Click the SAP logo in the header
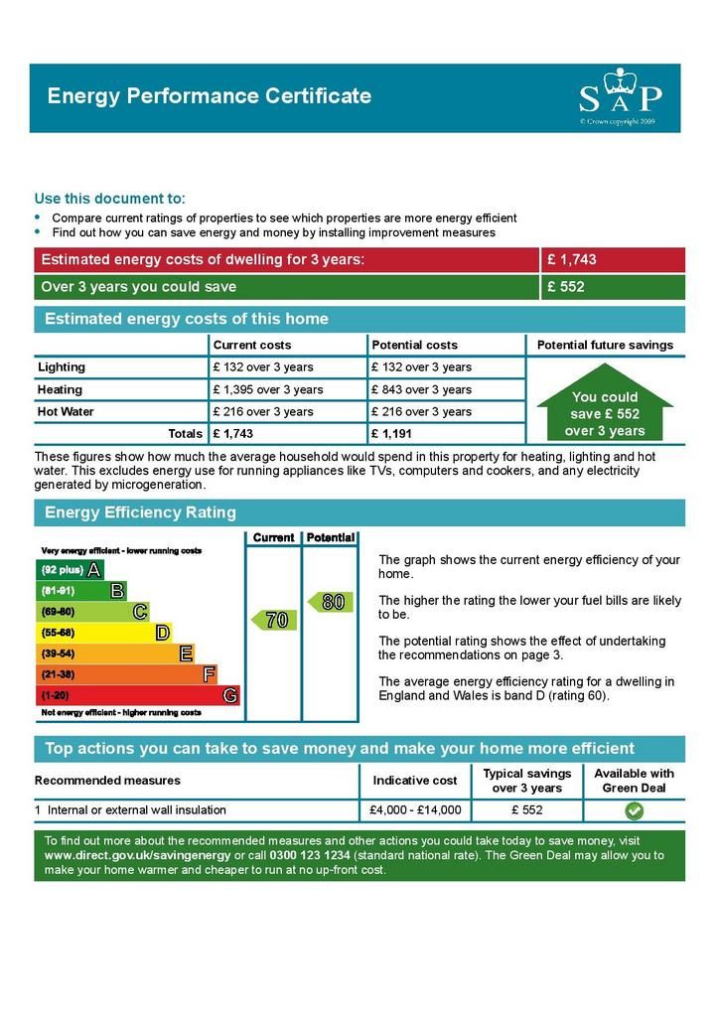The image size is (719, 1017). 620,96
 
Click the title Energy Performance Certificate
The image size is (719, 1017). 210,96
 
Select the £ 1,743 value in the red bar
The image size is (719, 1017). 571,260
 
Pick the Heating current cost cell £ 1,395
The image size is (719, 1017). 267,389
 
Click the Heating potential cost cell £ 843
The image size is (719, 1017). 421,389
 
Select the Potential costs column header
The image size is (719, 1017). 414,345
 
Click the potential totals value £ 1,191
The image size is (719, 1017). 391,434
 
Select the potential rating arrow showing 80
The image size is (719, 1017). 330,602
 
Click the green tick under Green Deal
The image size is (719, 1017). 634,810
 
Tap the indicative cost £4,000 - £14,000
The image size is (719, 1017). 415,810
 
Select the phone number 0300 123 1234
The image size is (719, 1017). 310,855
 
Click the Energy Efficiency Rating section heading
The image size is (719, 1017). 141,512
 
